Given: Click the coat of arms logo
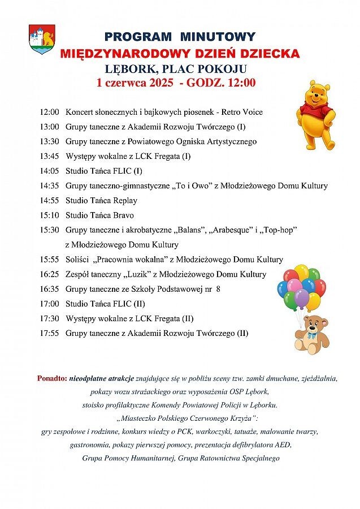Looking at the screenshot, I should tap(42, 38).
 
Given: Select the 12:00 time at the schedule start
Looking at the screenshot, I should tap(49, 112).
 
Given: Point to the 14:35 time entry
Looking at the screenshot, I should tap(49, 186).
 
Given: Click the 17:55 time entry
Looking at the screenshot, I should tap(49, 333).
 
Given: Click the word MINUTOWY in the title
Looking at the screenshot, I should tap(218, 37).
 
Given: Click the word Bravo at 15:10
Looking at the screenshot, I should tap(124, 215).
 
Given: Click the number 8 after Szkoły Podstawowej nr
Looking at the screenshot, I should tap(218, 289).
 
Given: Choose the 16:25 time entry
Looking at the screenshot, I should tap(49, 274).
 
